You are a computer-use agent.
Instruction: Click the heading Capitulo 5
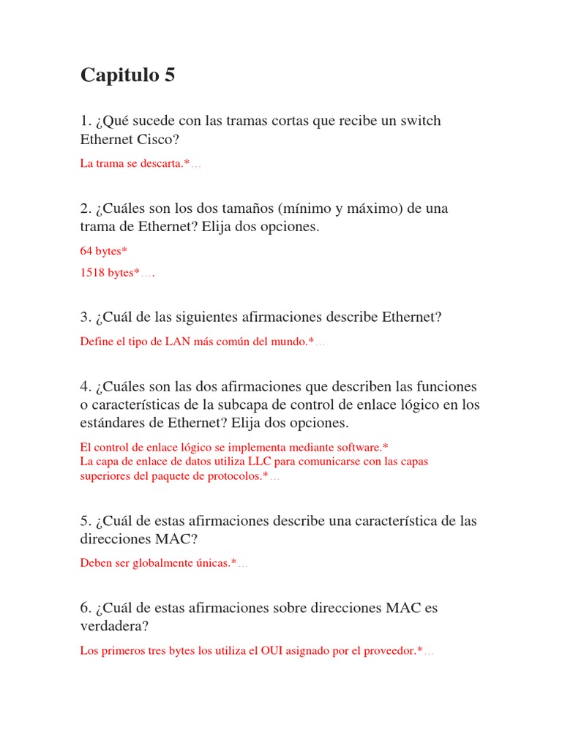pyautogui.click(x=127, y=75)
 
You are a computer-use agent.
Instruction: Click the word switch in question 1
pyautogui.click(x=420, y=121)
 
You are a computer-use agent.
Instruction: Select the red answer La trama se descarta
pyautogui.click(x=135, y=164)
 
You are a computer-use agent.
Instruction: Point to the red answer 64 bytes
pyautogui.click(x=103, y=251)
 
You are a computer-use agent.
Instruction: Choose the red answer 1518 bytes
pyautogui.click(x=110, y=273)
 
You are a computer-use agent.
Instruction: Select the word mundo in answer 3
pyautogui.click(x=289, y=342)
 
